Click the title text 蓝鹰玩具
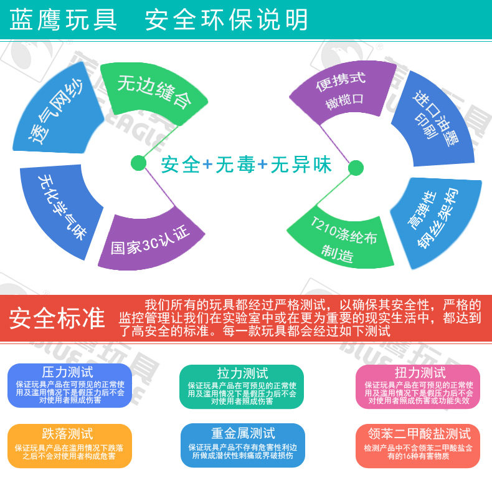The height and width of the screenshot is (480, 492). [64, 20]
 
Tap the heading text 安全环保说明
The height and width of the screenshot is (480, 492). [226, 20]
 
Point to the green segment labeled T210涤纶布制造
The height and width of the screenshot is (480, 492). [339, 240]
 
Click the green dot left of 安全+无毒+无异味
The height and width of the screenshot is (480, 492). [138, 164]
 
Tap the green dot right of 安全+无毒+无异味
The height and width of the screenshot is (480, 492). [355, 168]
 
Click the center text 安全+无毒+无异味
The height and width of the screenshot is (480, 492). [246, 165]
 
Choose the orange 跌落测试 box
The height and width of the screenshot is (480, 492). [70, 445]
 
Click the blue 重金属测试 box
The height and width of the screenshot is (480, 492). [242, 445]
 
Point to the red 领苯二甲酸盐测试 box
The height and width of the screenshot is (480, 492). [418, 445]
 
